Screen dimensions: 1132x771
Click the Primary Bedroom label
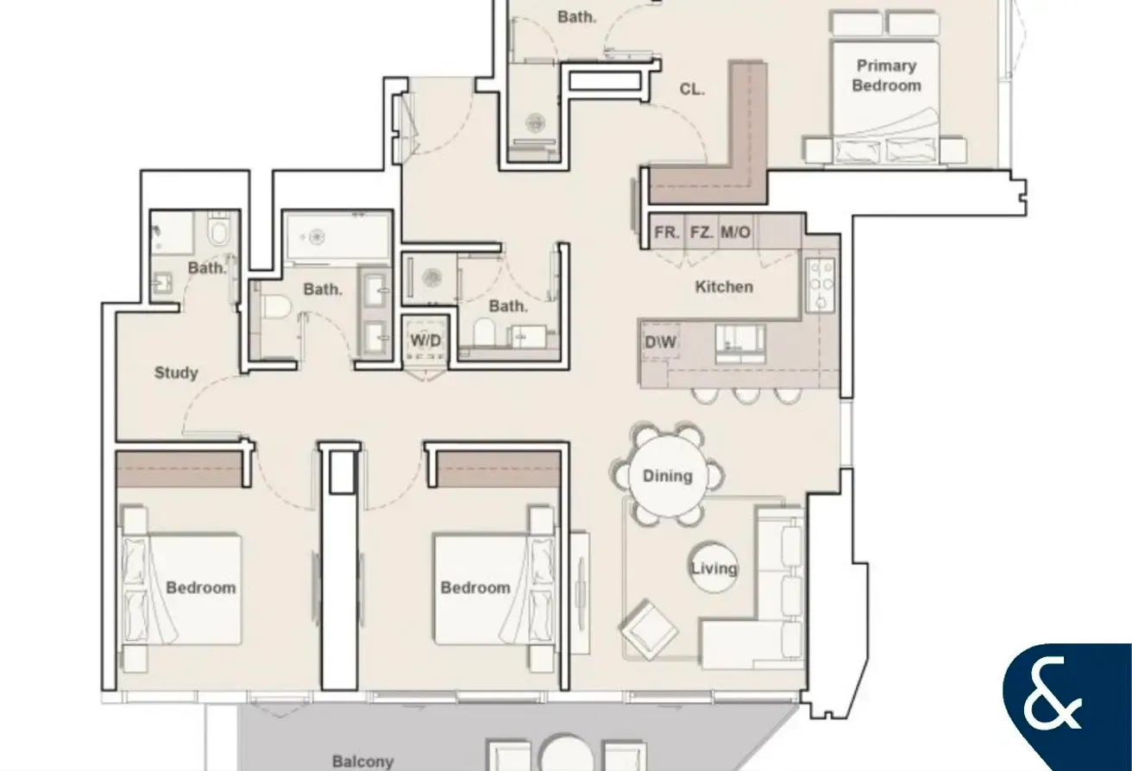tap(886, 76)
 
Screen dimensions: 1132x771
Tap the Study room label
tap(176, 373)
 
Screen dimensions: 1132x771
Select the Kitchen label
tap(724, 287)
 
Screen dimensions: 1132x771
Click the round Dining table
tap(668, 476)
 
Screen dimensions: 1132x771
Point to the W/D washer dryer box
tap(425, 340)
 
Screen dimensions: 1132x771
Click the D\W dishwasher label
tap(661, 342)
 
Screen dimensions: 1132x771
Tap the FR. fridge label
tap(667, 232)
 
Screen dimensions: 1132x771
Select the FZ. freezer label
tap(702, 232)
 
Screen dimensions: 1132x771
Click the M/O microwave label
tap(736, 232)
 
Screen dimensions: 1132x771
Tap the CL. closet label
tap(692, 90)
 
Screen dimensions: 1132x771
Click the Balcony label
tap(363, 762)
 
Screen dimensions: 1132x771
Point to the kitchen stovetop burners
tap(821, 285)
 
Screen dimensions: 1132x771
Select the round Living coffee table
tap(714, 567)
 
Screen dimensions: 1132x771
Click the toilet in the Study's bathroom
tap(219, 230)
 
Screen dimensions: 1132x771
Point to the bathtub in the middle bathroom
tap(337, 236)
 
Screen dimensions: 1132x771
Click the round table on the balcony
tap(566, 755)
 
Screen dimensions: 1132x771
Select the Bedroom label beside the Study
tap(201, 587)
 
